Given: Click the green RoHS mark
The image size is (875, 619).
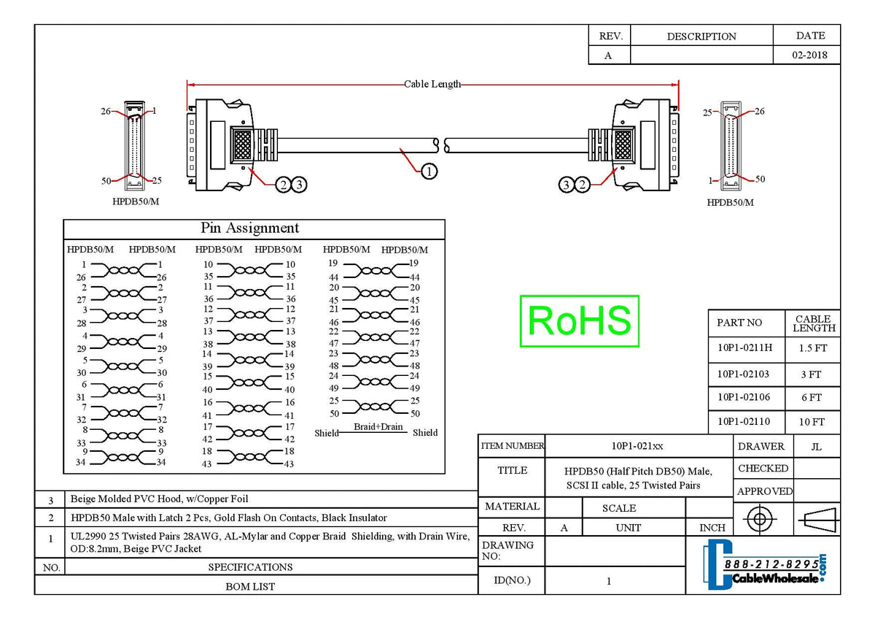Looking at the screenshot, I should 579,321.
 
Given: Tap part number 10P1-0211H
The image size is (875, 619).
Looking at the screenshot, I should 744,348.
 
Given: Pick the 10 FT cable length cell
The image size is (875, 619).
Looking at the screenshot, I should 811,422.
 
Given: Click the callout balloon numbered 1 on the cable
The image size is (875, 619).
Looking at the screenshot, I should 429,171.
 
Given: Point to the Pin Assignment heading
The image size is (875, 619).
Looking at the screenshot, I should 249,228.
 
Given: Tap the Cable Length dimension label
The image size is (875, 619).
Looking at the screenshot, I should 432,84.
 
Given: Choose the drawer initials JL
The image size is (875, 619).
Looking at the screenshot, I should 816,447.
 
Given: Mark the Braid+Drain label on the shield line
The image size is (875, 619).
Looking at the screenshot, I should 378,427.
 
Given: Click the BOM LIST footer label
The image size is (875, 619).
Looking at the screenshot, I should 250,585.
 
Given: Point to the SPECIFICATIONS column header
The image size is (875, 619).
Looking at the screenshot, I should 250,566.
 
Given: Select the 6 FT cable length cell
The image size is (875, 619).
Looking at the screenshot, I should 811,398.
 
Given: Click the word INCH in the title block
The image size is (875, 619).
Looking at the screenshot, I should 712,528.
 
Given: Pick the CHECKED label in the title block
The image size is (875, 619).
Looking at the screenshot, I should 763,469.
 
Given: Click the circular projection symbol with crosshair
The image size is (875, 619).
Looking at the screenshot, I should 759,520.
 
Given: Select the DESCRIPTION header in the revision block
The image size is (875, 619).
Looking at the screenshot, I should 701,36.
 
